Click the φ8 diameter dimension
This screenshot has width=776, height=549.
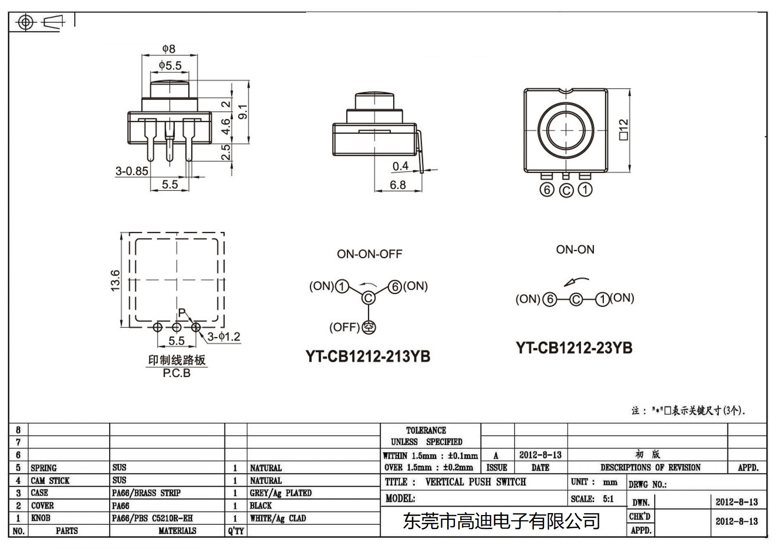169,49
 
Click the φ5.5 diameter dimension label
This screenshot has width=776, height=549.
170,66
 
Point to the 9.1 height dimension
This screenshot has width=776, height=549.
243,112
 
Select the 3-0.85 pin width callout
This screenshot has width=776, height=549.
131,171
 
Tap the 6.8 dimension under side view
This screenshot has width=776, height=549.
397,185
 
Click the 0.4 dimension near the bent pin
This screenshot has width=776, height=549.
400,166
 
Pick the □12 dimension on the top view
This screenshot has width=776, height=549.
624,129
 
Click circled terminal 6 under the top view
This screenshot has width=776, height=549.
547,190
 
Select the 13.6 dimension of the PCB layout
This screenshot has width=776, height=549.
115,281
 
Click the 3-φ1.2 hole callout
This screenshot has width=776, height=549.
224,336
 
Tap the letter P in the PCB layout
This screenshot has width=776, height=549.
181,313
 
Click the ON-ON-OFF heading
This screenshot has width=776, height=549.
370,254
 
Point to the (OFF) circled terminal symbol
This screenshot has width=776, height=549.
369,328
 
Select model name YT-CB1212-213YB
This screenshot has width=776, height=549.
368,356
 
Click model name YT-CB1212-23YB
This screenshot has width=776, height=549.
574,348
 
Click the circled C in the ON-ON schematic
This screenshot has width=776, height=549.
576,299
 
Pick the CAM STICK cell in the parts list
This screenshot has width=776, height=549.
50,481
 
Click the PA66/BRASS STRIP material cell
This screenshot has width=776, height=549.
146,493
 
